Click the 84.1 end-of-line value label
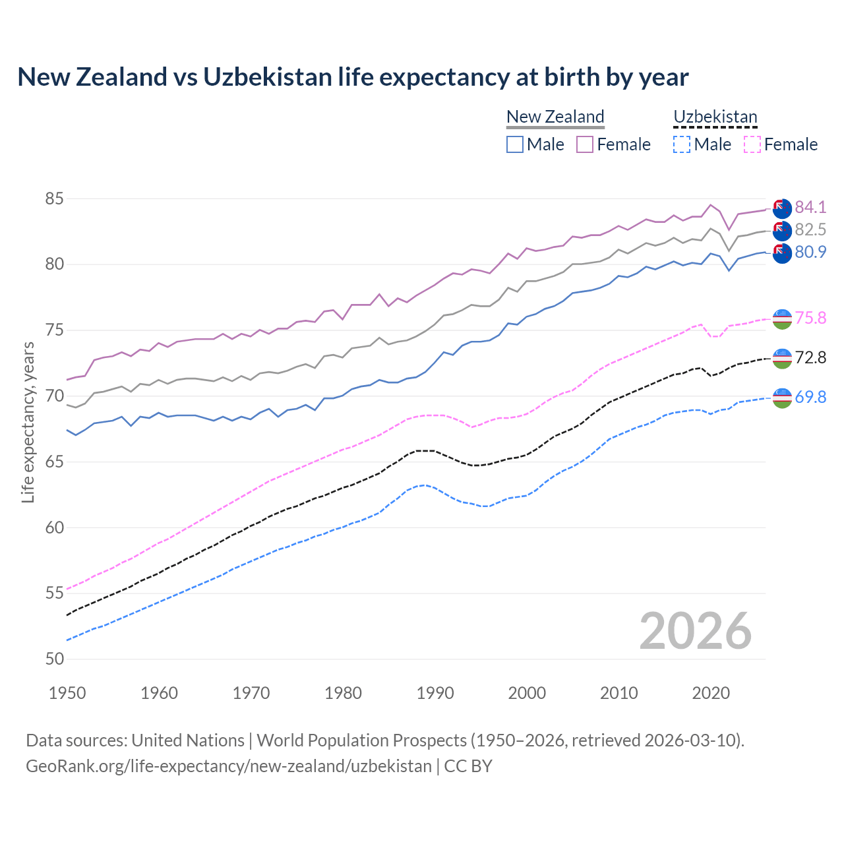tap(810, 207)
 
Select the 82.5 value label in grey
tap(810, 229)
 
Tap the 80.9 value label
tap(810, 252)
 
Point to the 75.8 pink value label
tap(810, 318)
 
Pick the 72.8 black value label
tap(810, 357)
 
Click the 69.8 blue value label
tap(810, 397)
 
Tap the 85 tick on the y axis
tap(55, 198)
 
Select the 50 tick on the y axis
tap(55, 659)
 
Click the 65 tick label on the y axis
tap(55, 462)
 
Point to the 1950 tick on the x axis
tap(67, 693)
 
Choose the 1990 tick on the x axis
tap(435, 693)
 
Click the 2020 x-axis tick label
tap(711, 693)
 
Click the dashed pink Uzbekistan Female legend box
tap(752, 144)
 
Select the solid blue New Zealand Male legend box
tap(515, 144)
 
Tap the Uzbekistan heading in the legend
tap(715, 117)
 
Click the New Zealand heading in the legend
tap(555, 117)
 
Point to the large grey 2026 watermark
tap(696, 631)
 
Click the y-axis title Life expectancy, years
tap(28, 422)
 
